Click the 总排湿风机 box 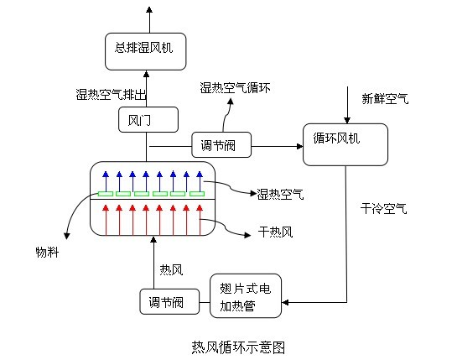point(145,51)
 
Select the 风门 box point(148,120)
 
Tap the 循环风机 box point(345,144)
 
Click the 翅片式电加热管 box point(246,296)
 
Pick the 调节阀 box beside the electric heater point(169,301)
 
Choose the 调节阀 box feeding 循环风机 point(221,144)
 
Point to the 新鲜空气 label point(385,99)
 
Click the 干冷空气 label point(383,209)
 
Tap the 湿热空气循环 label point(235,87)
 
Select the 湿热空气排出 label point(111,95)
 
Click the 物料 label point(47,252)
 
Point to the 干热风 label point(275,232)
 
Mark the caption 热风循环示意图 point(238,347)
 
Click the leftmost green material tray point(106,194)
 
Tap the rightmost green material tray point(197,194)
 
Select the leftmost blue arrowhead point(106,175)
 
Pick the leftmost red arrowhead point(106,208)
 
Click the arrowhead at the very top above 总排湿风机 point(149,10)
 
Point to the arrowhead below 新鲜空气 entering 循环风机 point(347,120)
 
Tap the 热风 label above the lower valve point(171,270)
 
